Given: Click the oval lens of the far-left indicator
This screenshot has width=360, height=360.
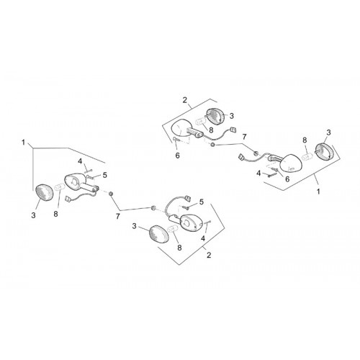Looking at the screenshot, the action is [44, 193].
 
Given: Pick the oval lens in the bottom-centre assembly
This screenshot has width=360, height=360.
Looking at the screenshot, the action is [159, 234].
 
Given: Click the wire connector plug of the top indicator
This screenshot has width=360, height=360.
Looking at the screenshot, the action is [233, 130].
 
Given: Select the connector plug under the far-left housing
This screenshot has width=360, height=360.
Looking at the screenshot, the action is [68, 199].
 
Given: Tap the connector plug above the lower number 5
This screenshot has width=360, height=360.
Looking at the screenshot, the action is [187, 198].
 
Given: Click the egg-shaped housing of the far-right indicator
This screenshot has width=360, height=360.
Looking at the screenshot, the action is [290, 163].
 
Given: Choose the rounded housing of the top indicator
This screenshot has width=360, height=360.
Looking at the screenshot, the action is [182, 127].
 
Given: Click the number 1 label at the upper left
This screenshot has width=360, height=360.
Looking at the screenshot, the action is [23, 143].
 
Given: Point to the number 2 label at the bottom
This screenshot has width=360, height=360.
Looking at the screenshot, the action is [209, 255].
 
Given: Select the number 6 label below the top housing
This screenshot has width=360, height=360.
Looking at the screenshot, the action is [177, 156].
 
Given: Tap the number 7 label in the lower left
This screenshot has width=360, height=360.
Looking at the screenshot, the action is [117, 217].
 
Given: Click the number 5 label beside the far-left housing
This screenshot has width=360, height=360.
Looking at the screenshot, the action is [104, 175].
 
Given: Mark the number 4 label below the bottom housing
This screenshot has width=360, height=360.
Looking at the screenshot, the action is [203, 238].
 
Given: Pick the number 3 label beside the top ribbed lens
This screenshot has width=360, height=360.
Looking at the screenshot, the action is [231, 116].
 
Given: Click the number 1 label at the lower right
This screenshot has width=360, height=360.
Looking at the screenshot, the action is [318, 192].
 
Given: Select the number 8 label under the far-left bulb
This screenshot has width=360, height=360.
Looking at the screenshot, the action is [55, 214].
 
